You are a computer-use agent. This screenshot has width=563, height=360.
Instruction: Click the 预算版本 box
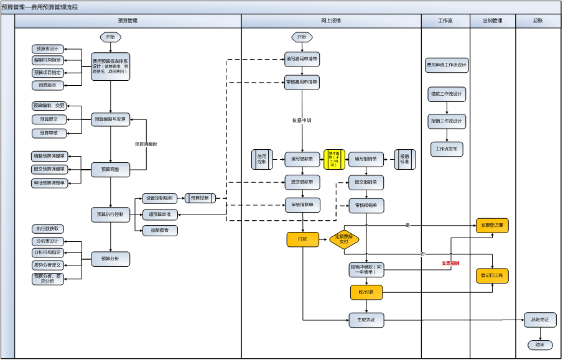point(48,86)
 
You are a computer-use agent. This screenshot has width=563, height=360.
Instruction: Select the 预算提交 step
point(49,119)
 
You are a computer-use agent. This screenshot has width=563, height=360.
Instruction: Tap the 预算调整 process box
point(111,169)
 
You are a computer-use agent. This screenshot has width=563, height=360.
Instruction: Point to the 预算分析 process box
point(111,259)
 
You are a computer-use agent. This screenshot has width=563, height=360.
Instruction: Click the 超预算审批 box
point(160,215)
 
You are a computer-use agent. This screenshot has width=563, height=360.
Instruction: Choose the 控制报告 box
point(160,231)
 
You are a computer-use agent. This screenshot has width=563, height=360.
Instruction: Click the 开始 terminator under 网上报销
point(302,37)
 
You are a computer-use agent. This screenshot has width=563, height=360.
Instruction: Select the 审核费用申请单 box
point(302,82)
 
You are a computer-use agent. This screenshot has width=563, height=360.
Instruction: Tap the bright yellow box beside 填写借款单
point(335,160)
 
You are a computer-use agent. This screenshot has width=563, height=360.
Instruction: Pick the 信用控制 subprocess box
point(262,160)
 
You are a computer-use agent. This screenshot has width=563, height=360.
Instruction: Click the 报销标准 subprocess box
point(405,160)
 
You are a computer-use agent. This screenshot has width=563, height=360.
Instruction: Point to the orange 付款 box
point(303,239)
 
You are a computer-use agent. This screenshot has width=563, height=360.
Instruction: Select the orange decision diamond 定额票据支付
point(344,239)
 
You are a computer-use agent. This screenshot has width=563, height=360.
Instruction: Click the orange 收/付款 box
point(366,292)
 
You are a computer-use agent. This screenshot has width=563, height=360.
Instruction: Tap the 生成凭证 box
point(366,320)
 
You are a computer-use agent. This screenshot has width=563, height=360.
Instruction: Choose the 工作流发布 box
point(447,149)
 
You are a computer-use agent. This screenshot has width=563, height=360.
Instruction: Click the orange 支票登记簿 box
point(492,225)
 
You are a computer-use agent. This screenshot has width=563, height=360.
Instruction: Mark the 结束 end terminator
point(540,345)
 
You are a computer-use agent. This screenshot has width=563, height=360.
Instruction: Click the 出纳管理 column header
point(493,21)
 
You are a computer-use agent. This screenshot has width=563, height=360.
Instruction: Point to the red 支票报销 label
point(451,264)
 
